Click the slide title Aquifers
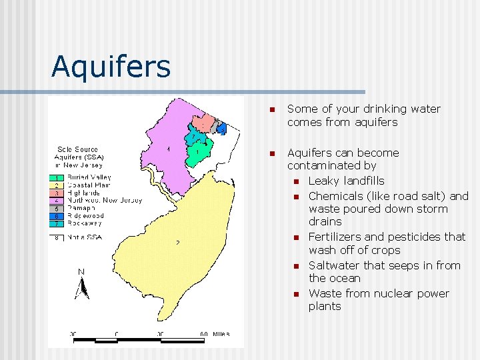pos(111,66)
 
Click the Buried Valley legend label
pos(89,177)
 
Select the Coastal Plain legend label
pos(89,185)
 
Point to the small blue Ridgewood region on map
pos(221,128)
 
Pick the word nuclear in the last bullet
pos(387,293)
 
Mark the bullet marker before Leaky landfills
pos(293,181)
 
